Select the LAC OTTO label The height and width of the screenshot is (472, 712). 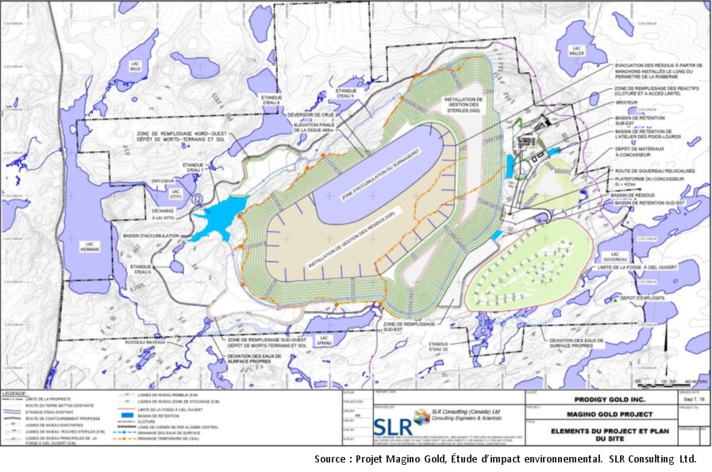point(176,193)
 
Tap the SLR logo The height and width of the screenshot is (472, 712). point(391,416)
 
